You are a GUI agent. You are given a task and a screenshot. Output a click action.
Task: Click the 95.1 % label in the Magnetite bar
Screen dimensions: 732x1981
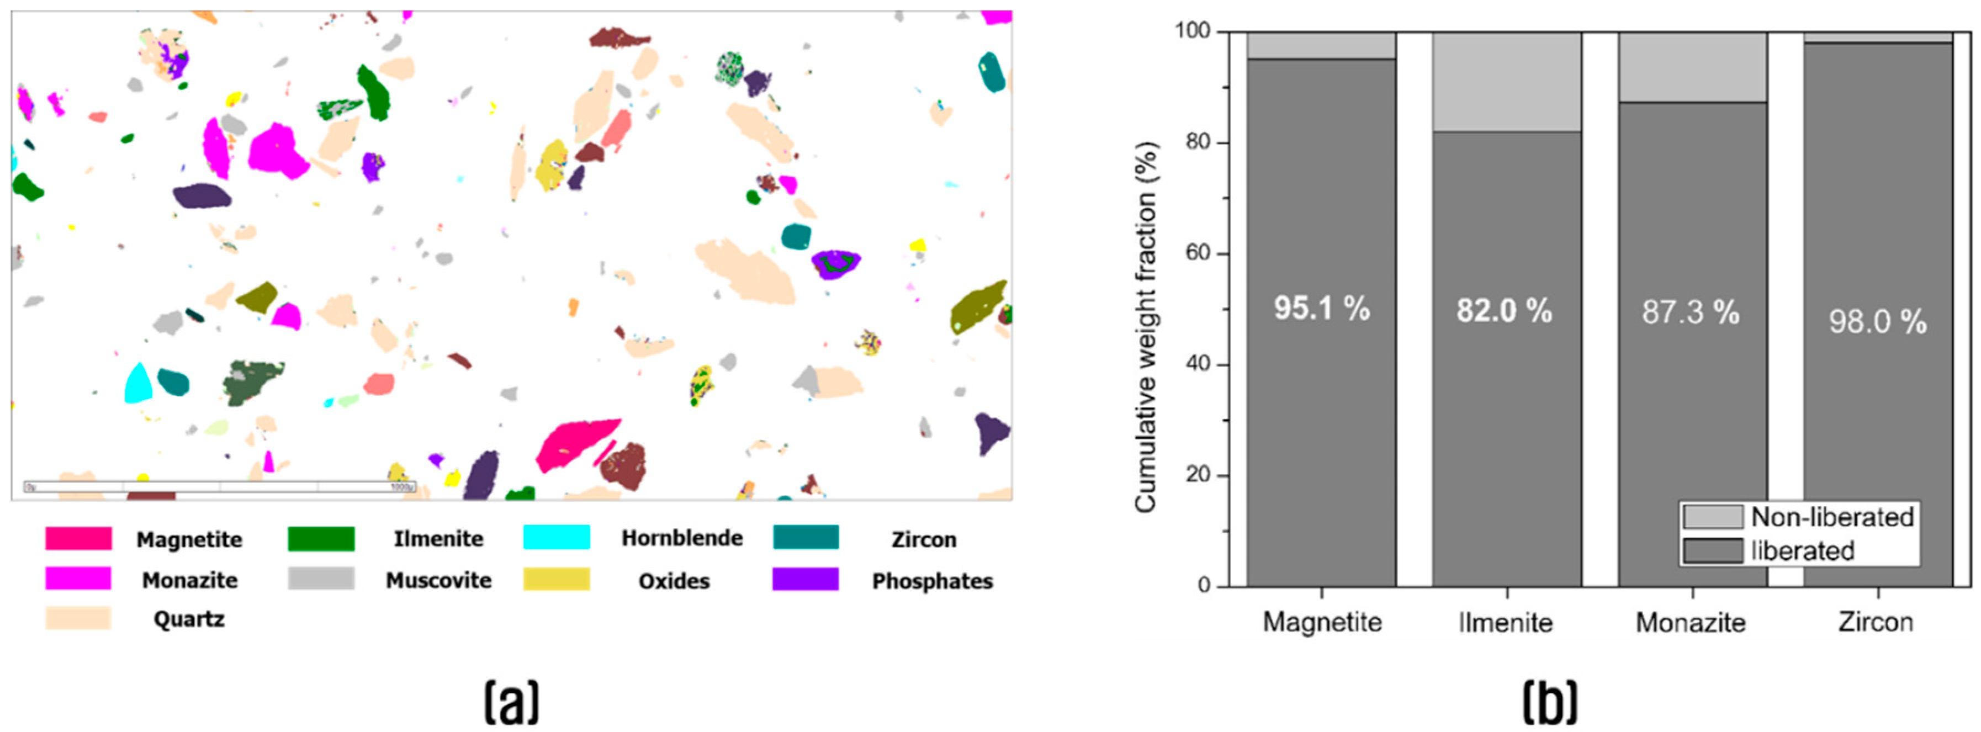click(1321, 309)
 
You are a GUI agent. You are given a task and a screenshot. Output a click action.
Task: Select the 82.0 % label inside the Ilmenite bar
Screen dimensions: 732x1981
click(1504, 311)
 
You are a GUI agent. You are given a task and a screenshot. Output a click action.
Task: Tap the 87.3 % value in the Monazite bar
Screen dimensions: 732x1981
click(1691, 312)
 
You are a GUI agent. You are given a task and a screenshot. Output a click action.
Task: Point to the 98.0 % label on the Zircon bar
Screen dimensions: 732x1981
click(1877, 321)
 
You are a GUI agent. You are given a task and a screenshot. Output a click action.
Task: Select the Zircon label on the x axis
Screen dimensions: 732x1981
click(1876, 621)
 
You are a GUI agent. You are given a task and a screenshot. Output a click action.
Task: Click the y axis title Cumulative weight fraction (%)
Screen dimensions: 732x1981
click(1146, 327)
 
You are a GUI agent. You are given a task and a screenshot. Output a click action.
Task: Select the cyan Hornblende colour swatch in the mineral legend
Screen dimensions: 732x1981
click(556, 538)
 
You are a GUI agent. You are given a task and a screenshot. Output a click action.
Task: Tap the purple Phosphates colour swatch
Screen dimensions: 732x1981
click(804, 579)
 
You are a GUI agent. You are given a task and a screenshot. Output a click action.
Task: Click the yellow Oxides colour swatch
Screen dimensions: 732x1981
click(556, 579)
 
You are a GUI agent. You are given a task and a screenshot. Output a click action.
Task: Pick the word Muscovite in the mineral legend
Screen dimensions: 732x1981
click(438, 581)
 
